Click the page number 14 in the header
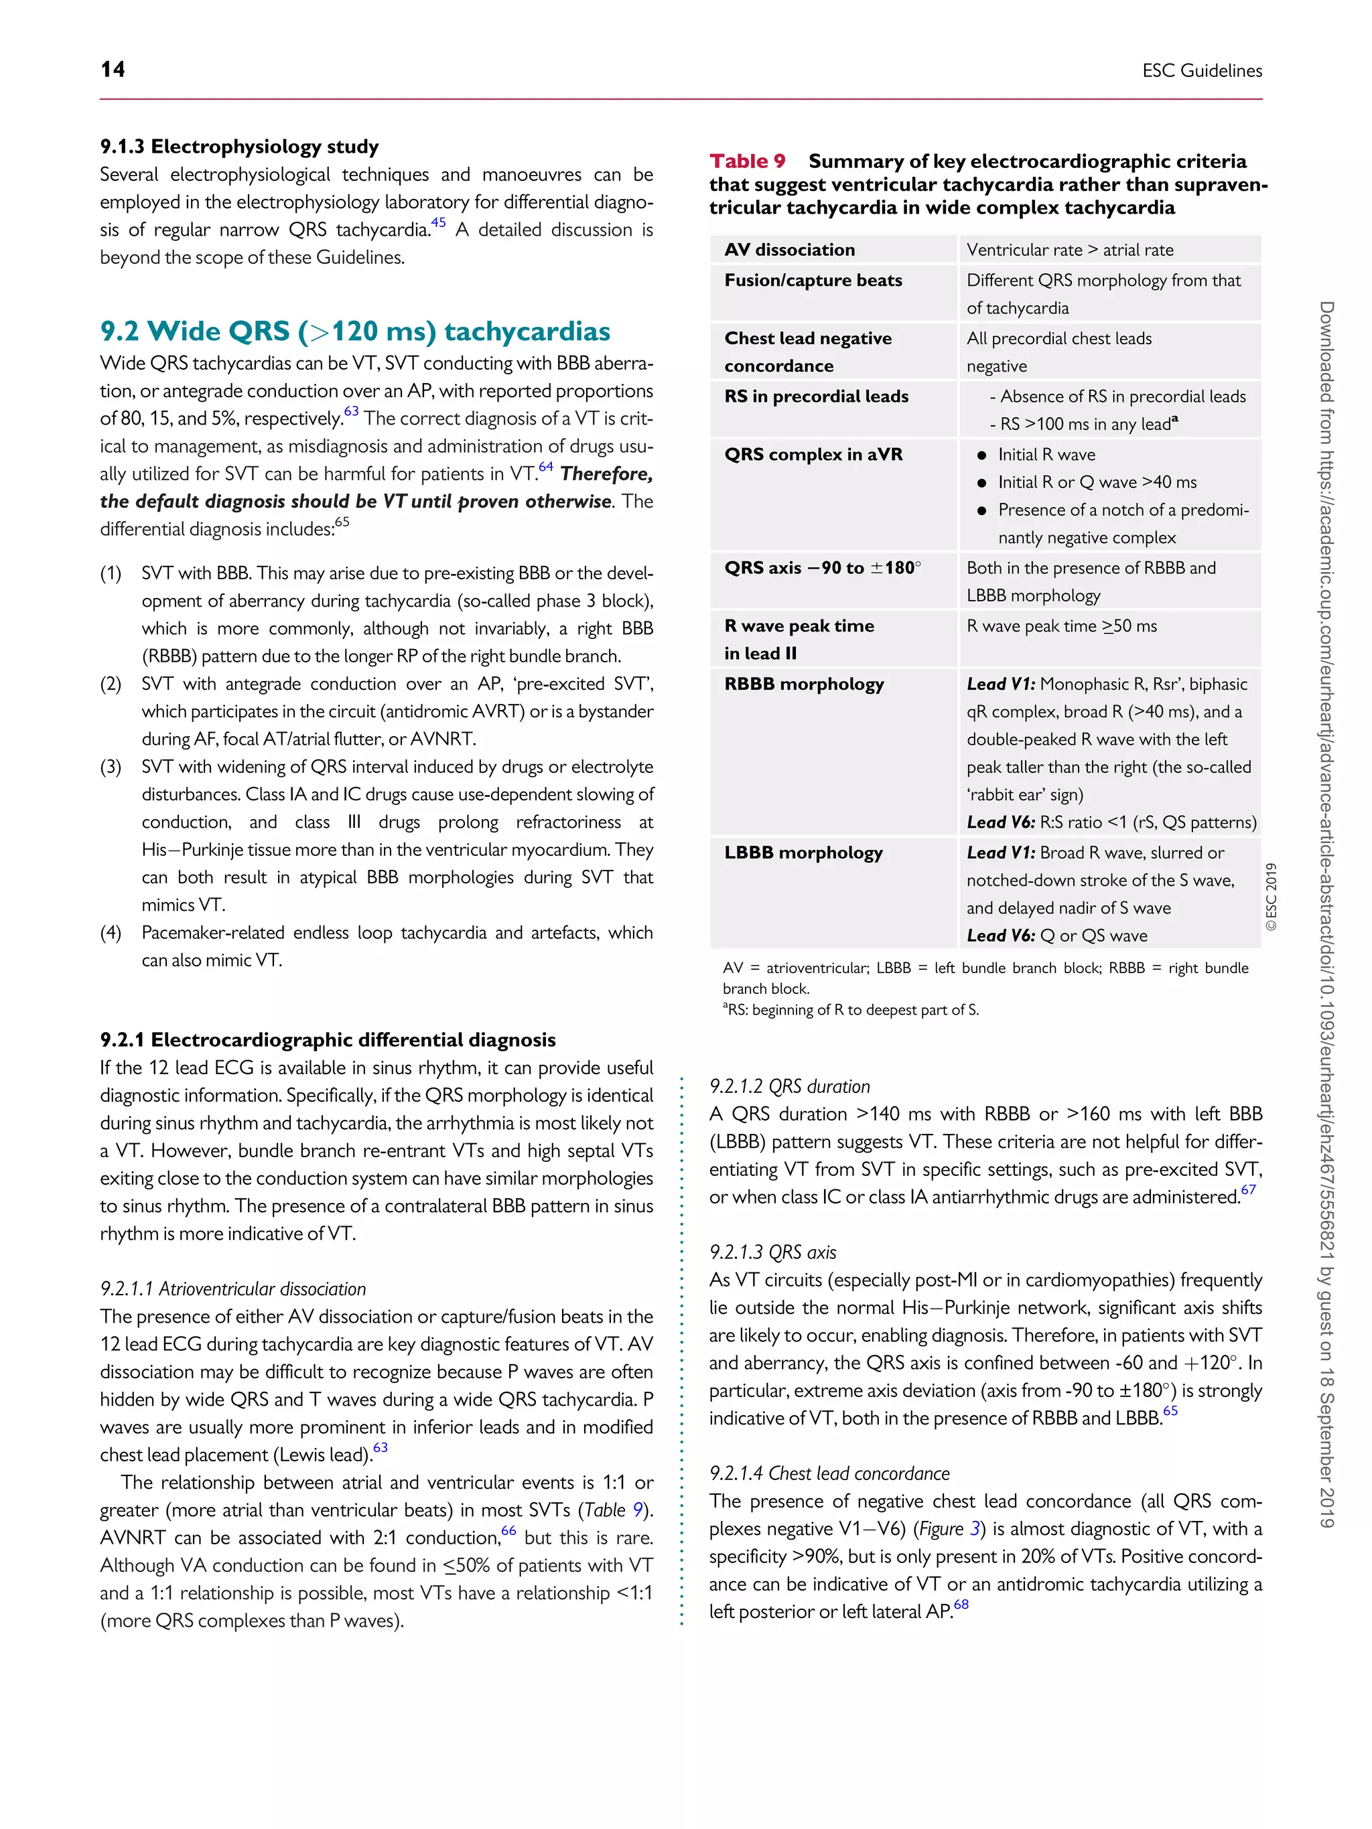[113, 70]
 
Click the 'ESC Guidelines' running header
[1202, 71]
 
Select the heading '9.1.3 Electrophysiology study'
[239, 147]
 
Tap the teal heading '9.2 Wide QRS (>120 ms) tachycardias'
[355, 331]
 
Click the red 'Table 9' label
[747, 161]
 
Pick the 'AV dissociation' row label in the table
[789, 250]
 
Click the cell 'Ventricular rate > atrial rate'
[1069, 250]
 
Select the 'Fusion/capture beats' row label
[813, 281]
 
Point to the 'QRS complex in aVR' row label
[813, 454]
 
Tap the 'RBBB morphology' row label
[804, 684]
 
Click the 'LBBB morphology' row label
[803, 853]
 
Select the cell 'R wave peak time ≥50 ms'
[1061, 626]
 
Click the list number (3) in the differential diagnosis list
[111, 767]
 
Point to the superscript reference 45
[438, 222]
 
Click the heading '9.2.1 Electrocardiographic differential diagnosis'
[328, 1039]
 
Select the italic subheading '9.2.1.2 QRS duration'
[789, 1086]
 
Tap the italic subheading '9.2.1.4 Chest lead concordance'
[829, 1473]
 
